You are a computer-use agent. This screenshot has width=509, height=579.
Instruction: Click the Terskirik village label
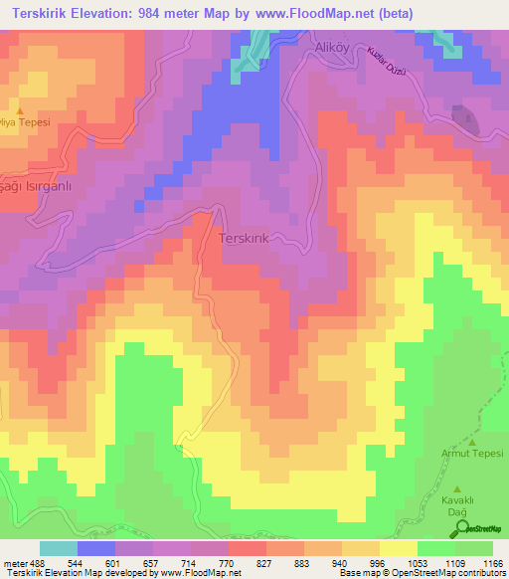245,240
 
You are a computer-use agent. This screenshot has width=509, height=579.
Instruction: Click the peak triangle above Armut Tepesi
472,442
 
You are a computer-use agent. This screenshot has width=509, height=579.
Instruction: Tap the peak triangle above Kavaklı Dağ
457,488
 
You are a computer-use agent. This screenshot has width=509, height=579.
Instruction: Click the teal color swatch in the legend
59,548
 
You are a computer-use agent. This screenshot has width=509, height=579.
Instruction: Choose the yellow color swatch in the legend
399,548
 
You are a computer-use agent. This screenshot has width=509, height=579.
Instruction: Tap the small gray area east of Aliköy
463,118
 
